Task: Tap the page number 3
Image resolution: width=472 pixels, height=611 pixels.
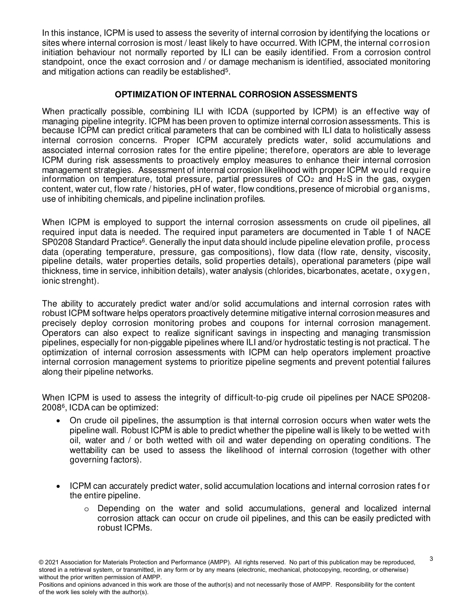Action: tap(431, 559)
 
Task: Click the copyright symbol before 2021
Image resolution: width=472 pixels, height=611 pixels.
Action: tap(41, 562)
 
